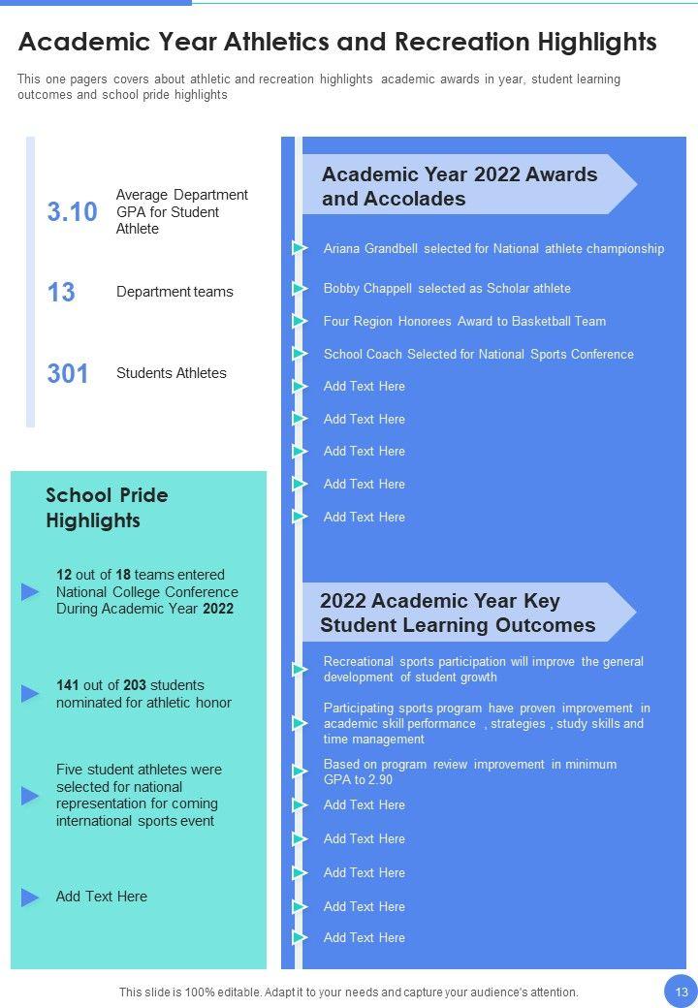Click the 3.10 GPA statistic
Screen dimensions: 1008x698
click(72, 212)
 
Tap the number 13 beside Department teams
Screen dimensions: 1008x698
click(61, 292)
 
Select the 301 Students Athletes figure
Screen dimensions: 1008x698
click(68, 373)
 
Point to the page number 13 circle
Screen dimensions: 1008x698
click(681, 992)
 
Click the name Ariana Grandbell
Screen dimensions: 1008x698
click(371, 249)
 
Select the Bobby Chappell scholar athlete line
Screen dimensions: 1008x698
click(447, 288)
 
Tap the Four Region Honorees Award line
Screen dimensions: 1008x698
click(464, 321)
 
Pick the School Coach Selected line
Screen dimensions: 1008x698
click(478, 354)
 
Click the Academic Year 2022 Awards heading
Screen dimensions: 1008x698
click(460, 186)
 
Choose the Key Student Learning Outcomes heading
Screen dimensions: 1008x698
click(458, 613)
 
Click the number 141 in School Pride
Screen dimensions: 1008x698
click(67, 685)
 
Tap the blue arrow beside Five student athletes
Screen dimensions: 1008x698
click(31, 796)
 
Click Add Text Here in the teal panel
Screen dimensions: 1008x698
click(102, 897)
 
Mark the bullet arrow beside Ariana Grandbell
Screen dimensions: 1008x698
click(300, 249)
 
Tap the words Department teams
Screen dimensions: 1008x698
click(174, 292)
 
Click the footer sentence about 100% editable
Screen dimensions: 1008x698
click(349, 992)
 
